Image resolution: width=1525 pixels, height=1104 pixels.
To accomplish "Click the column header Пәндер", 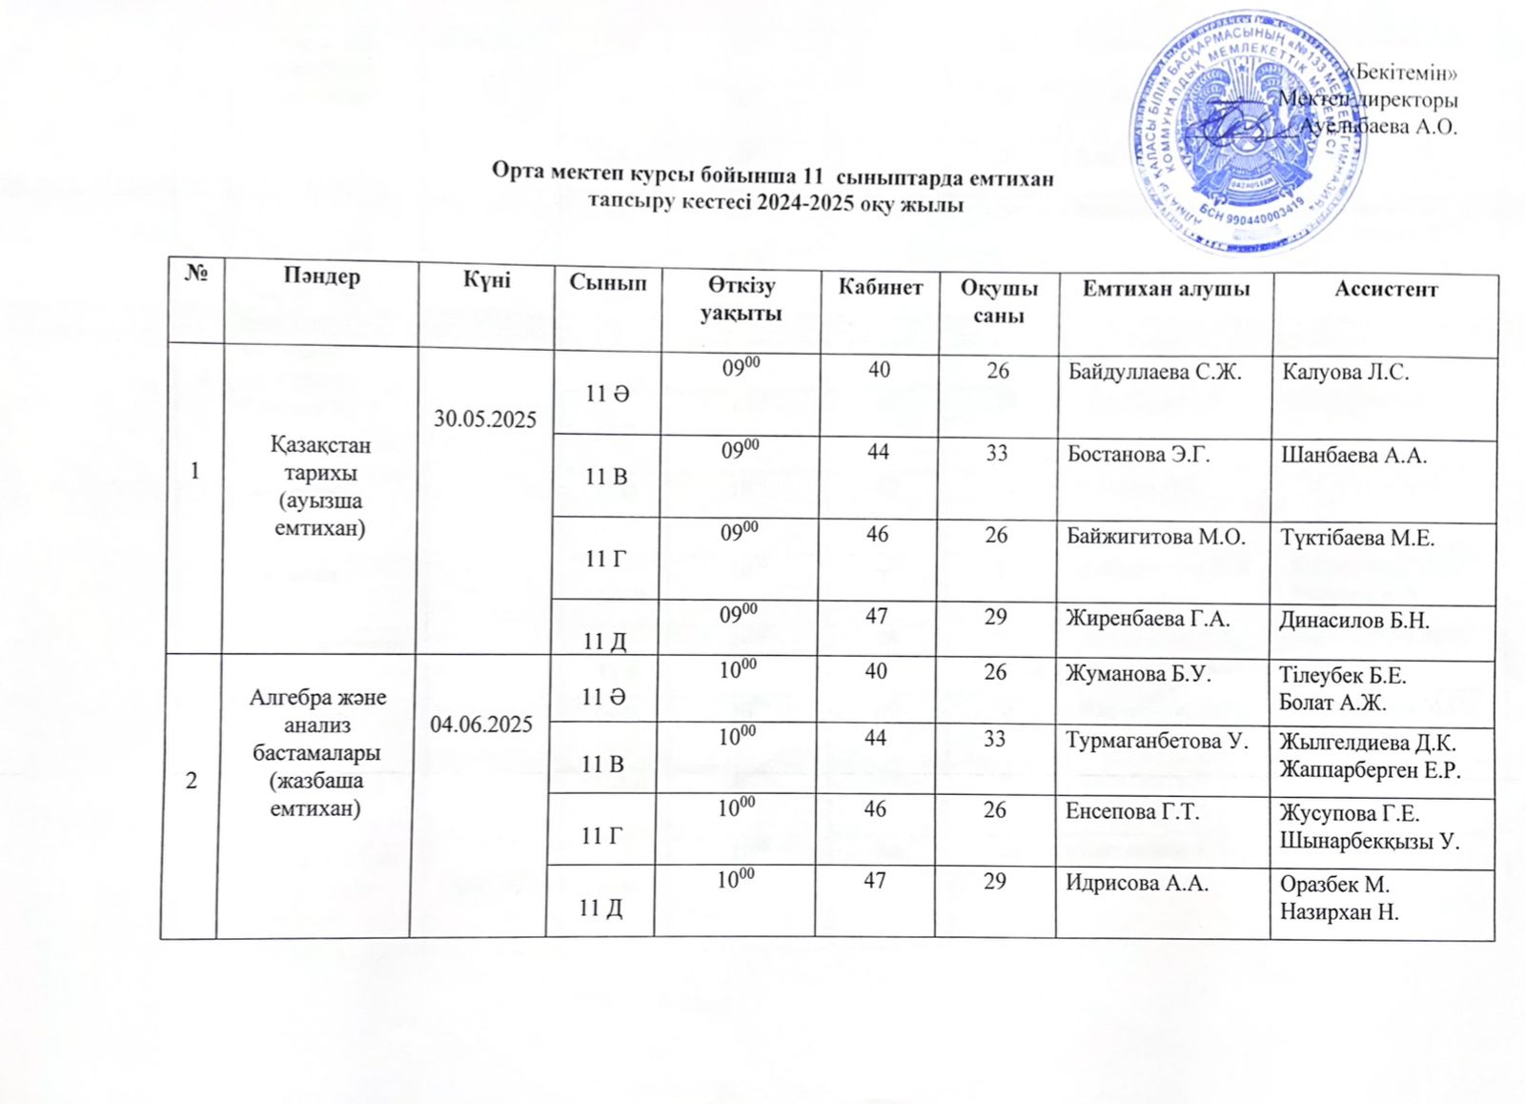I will coord(321,276).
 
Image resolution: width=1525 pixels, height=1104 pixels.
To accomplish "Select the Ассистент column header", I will coord(1385,289).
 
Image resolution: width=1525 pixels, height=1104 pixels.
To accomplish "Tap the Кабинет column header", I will coord(880,286).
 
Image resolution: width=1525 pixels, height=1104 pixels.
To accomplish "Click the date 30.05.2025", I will coord(485,419).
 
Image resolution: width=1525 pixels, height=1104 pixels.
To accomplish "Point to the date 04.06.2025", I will coord(481,725).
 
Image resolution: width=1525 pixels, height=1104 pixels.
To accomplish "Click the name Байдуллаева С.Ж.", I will coord(1154,372).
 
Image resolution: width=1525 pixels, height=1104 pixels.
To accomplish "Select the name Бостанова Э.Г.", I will coord(1138,454).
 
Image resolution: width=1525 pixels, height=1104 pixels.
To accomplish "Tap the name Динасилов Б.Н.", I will coord(1353,621).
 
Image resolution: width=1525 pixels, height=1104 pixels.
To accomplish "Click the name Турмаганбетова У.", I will coord(1157,740).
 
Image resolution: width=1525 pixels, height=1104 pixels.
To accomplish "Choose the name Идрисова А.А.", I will coord(1136,883).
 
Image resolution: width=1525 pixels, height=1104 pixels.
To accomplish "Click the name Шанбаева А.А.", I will coord(1353,456).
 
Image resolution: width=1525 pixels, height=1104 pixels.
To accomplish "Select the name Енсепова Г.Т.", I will coord(1132,812).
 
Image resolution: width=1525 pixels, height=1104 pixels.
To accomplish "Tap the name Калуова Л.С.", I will coord(1345,372).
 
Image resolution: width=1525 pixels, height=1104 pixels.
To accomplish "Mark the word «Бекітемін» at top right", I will coord(1406,72).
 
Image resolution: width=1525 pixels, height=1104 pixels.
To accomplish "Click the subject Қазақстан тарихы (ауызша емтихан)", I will coord(320,486).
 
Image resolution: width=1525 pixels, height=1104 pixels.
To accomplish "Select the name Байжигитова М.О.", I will coord(1156,537).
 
